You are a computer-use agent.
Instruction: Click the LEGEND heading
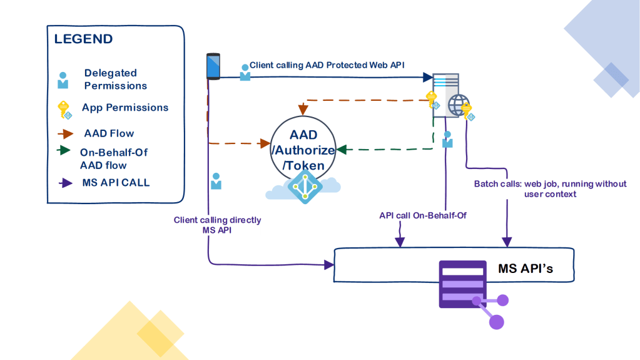(x=83, y=39)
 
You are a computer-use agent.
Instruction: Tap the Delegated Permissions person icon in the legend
(x=63, y=80)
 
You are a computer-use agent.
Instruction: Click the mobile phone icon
(x=213, y=66)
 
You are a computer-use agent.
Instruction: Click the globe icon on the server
(x=459, y=103)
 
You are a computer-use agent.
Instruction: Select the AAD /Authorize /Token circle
(x=303, y=150)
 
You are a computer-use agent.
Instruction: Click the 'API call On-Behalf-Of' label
(x=423, y=215)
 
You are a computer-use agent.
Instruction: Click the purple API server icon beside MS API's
(x=464, y=285)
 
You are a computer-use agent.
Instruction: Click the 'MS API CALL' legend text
(x=116, y=183)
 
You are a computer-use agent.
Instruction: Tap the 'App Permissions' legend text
(x=125, y=108)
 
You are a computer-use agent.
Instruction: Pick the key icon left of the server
(x=431, y=100)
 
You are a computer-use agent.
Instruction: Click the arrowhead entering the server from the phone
(x=428, y=78)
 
